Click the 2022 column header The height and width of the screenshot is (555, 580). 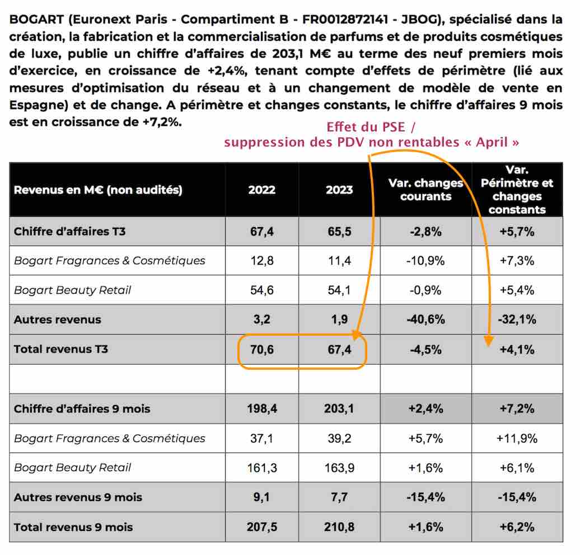tap(261, 190)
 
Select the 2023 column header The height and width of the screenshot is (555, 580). tap(339, 190)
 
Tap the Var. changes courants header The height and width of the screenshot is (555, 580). tap(425, 190)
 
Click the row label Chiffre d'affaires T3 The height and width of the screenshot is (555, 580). tap(69, 232)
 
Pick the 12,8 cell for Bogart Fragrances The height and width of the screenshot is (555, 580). tap(262, 261)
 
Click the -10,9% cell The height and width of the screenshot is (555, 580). tap(425, 261)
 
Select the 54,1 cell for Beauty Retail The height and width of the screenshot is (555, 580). tap(339, 290)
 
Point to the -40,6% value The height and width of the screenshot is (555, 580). tap(425, 319)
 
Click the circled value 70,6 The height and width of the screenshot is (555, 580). tap(262, 350)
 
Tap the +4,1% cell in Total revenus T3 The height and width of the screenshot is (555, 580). tap(517, 350)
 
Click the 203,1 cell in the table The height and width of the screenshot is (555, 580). tap(339, 408)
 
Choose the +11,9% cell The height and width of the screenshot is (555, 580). tap(517, 439)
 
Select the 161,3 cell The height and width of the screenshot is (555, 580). tap(262, 468)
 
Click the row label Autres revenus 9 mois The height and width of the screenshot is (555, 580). tap(78, 497)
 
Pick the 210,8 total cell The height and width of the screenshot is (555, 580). tap(339, 527)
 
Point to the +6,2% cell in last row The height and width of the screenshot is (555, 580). tap(517, 527)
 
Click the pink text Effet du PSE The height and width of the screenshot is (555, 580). tap(366, 127)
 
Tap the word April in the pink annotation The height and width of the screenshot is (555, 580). tap(492, 142)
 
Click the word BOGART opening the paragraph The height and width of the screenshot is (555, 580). tap(36, 19)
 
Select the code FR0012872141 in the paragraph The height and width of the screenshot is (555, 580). tap(345, 19)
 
